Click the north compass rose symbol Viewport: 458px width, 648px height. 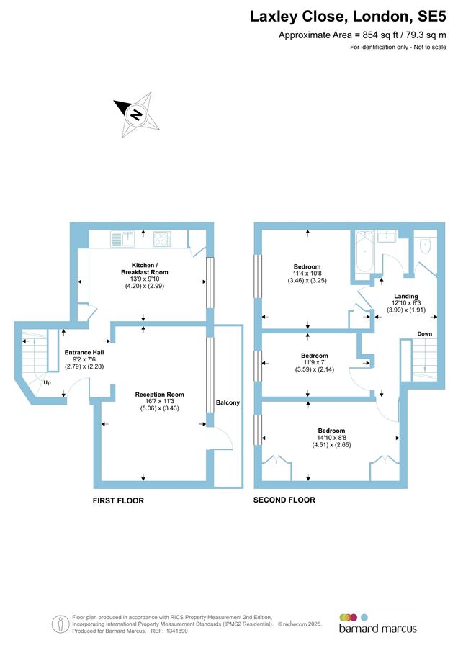tap(135, 114)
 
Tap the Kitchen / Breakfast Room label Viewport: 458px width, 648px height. tap(144, 269)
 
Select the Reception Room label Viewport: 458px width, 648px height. tap(159, 395)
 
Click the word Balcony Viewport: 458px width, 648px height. tap(228, 402)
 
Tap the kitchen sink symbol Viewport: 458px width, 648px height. tap(125, 238)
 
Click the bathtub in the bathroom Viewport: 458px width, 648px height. tap(363, 256)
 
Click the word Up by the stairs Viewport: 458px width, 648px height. tap(47, 383)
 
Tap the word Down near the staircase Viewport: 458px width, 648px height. tap(425, 334)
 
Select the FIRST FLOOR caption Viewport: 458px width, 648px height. tap(118, 500)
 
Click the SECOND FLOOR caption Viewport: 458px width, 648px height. tap(284, 499)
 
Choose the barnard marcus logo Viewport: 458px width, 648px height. tap(377, 623)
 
